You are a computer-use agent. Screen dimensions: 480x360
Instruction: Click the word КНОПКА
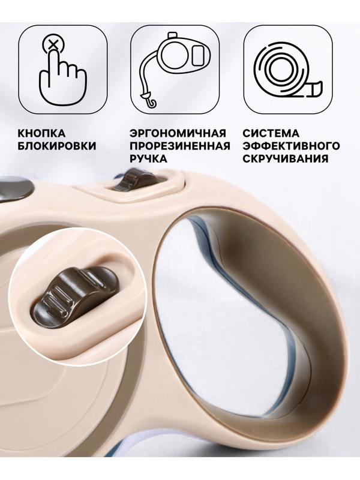coord(42,133)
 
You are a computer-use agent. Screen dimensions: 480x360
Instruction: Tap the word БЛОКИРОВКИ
coord(57,146)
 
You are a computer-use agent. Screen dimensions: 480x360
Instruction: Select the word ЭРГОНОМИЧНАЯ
coord(178,133)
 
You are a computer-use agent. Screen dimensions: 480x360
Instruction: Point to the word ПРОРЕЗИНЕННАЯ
coord(179,146)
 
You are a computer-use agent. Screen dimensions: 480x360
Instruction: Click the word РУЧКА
coord(149,160)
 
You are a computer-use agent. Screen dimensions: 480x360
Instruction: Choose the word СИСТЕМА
coord(271,133)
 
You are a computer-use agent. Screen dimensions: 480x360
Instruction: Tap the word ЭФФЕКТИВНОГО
coord(291,146)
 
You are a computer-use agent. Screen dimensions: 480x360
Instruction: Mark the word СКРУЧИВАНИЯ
coord(285,160)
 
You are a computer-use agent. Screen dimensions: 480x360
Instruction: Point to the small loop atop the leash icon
coord(174,36)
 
